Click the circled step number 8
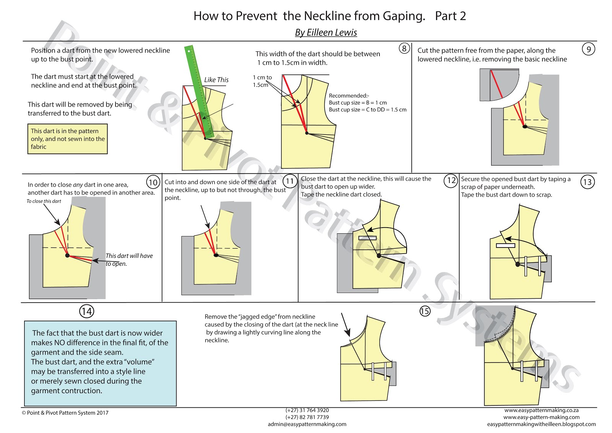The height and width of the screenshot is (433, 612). click(x=404, y=48)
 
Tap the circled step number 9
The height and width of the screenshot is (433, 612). click(x=588, y=49)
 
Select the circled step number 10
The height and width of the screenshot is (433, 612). click(x=153, y=182)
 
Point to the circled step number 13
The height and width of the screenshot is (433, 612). click(x=587, y=182)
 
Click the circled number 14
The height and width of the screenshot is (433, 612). click(x=86, y=311)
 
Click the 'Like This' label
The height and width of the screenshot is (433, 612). click(x=216, y=80)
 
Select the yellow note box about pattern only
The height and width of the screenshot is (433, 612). click(x=67, y=139)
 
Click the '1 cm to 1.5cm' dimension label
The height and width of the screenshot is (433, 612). click(x=262, y=81)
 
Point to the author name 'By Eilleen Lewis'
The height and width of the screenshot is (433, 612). click(x=326, y=33)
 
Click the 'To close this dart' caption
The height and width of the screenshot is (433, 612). click(x=44, y=201)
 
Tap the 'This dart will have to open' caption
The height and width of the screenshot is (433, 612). click(x=129, y=259)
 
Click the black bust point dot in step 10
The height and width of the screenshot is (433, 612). click(x=67, y=255)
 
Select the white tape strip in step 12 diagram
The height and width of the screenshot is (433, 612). click(x=367, y=238)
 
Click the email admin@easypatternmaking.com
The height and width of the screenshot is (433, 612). click(x=307, y=424)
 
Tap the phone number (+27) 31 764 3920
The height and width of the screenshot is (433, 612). click(x=307, y=410)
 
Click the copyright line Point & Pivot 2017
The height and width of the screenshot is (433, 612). click(x=65, y=413)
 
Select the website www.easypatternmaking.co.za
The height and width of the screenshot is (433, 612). click(x=541, y=410)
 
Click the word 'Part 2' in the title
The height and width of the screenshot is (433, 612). click(x=450, y=16)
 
